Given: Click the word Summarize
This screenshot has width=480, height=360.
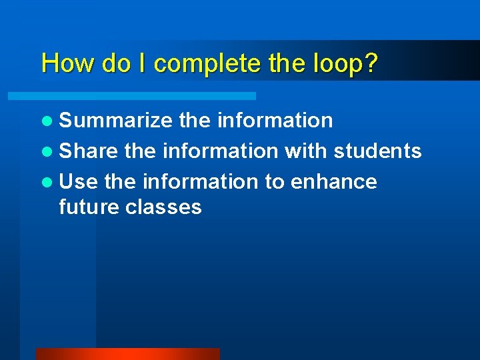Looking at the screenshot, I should click(115, 120).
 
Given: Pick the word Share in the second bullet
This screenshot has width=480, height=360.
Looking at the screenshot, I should click(89, 151).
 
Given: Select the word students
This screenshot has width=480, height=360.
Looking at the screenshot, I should click(377, 151).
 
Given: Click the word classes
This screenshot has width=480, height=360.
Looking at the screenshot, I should click(163, 207).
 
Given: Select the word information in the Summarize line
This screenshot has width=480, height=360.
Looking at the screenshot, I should click(275, 120).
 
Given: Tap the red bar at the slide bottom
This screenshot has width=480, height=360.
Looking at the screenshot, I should click(127, 354).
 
